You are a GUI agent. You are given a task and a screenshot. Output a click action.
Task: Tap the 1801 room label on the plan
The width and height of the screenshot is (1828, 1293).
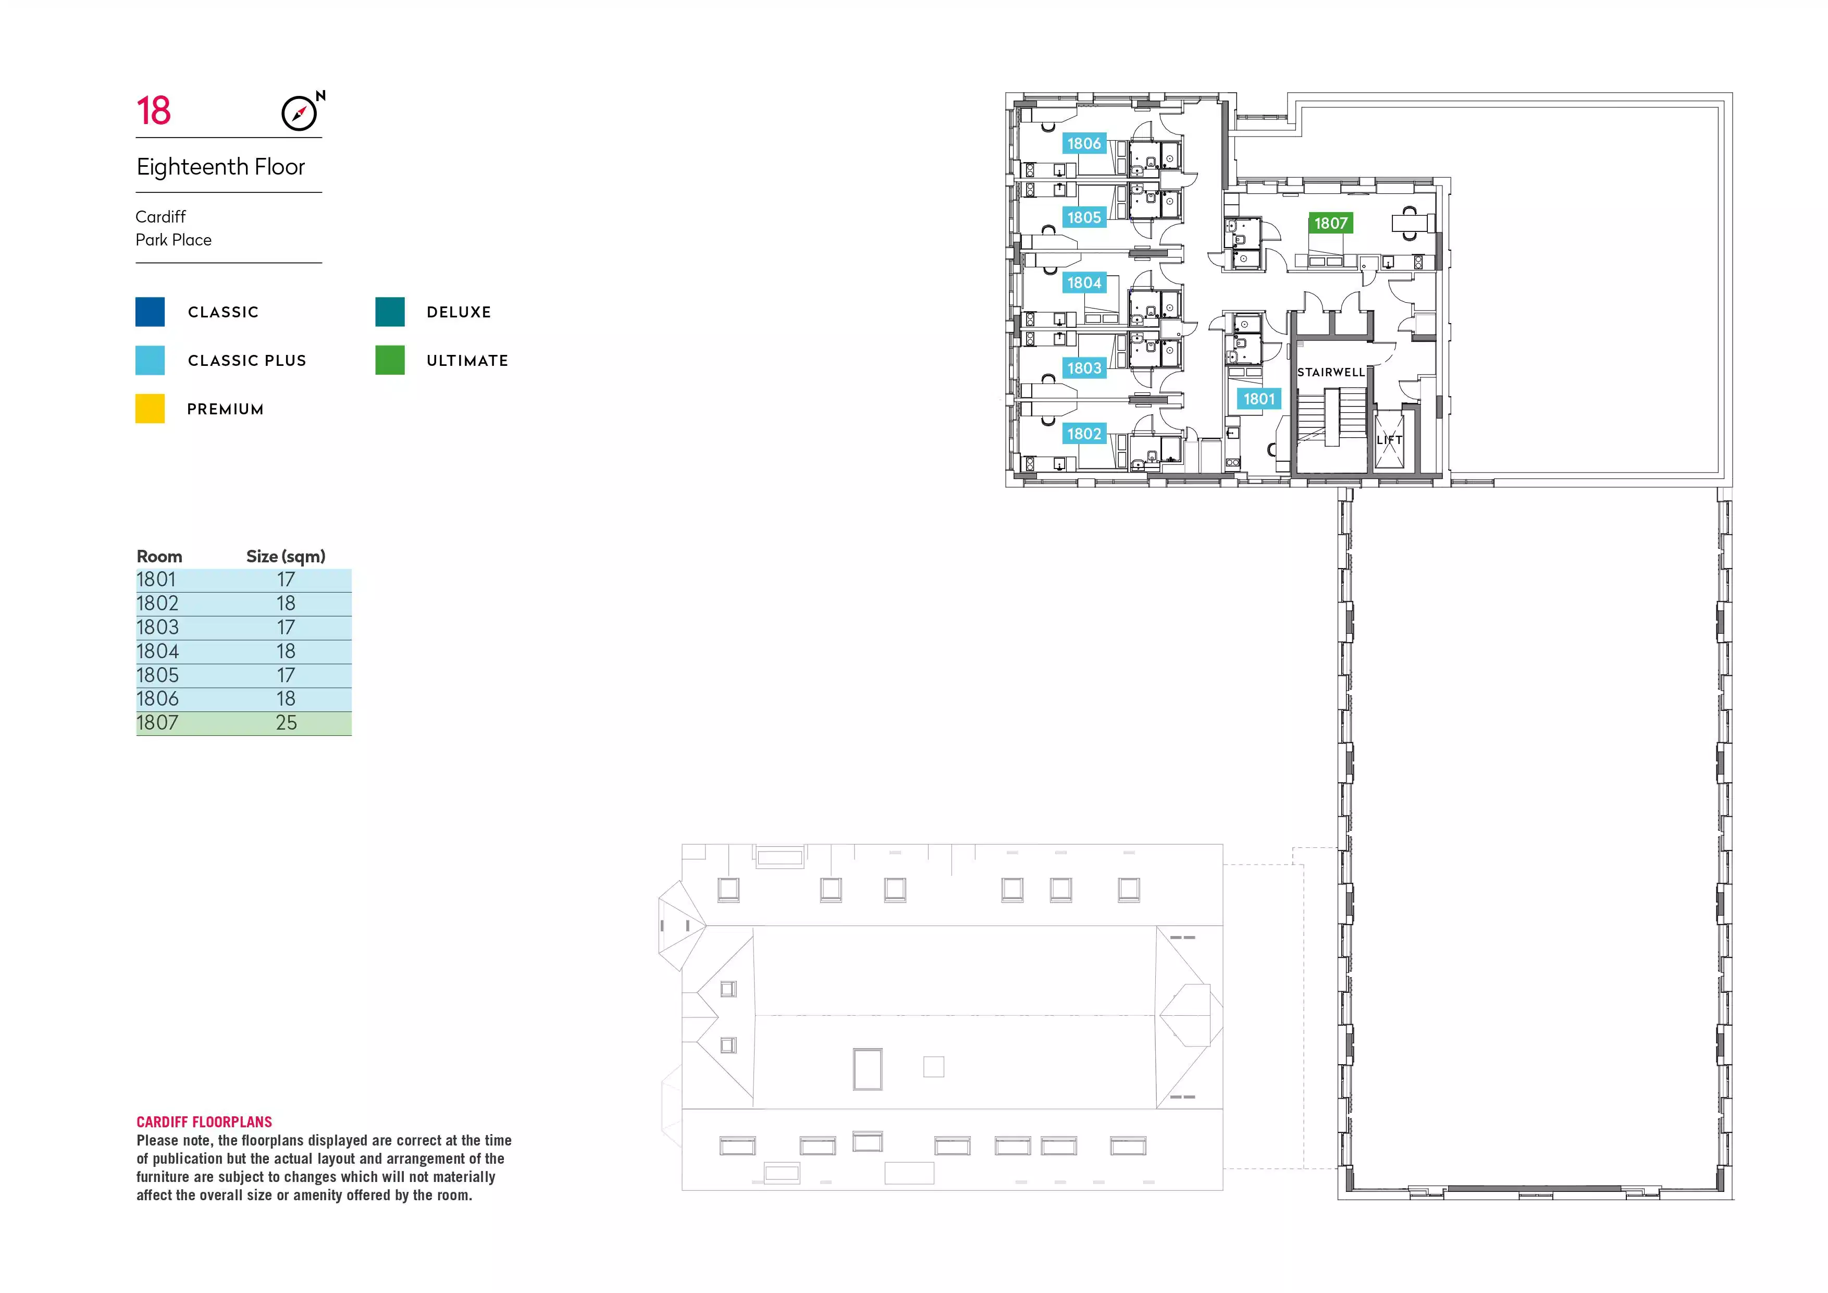pos(1259,399)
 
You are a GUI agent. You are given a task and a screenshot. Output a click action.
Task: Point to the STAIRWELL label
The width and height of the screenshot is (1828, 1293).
pos(1331,372)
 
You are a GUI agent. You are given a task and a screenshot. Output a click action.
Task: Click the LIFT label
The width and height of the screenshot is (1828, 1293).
pos(1389,439)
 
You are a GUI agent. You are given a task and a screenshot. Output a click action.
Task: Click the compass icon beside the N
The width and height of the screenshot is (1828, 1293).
pos(299,113)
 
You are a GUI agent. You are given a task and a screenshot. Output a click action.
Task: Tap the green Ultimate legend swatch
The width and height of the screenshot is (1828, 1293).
pos(390,360)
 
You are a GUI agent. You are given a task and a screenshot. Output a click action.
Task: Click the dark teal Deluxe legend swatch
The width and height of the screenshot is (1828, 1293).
pos(390,311)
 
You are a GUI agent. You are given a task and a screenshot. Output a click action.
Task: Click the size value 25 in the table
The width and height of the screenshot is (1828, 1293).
pos(286,723)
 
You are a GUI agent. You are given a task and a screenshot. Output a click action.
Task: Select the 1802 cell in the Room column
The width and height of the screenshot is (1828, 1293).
pos(158,604)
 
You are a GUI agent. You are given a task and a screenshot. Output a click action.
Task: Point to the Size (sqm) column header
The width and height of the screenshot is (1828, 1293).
pos(286,557)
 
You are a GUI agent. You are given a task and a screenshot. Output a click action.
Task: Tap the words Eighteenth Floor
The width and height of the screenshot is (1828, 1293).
pos(220,167)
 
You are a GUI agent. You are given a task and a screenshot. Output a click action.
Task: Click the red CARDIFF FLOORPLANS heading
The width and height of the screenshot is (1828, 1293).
pos(204,1122)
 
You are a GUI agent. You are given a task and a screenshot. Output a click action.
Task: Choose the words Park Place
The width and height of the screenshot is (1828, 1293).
pos(174,240)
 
